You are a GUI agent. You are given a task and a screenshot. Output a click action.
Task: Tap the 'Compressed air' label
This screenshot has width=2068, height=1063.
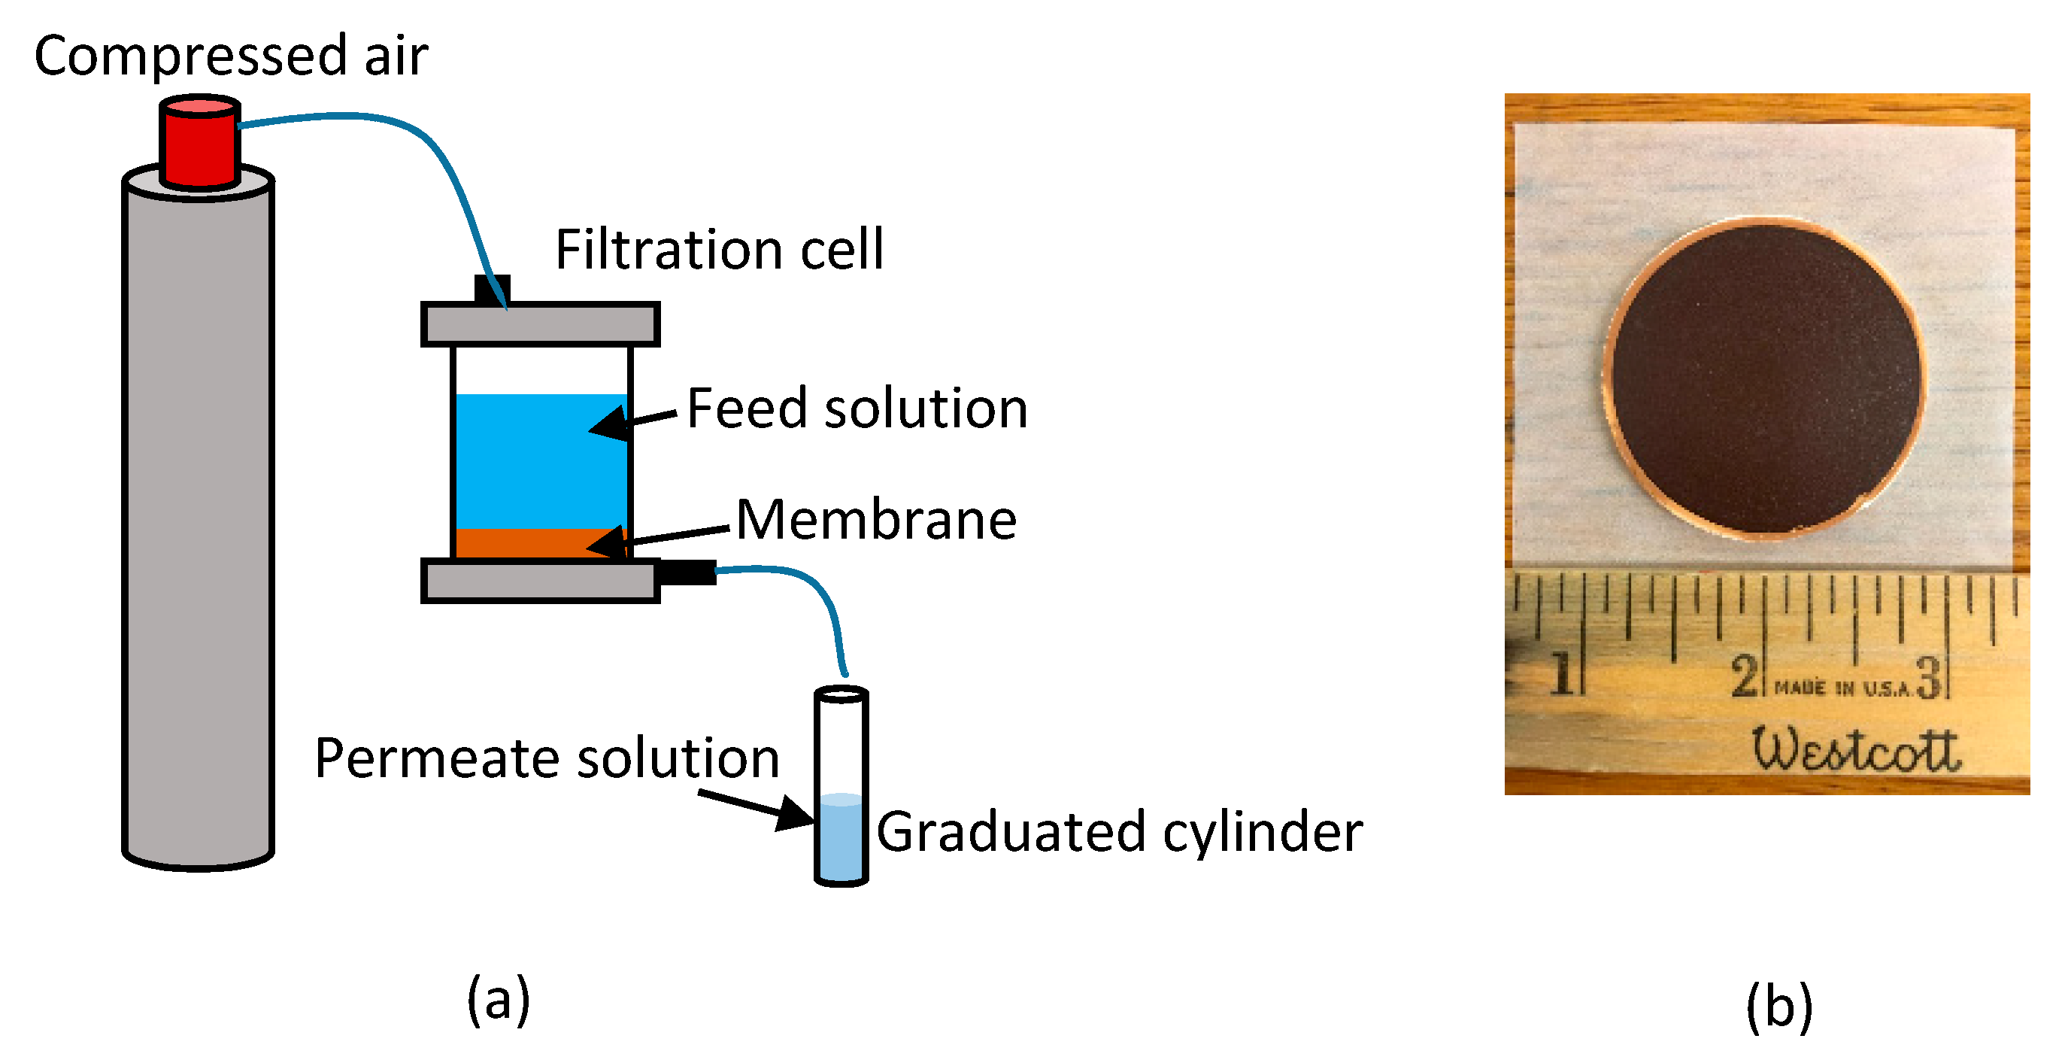(x=231, y=56)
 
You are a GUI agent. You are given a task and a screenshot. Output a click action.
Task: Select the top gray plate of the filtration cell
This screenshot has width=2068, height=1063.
(x=539, y=324)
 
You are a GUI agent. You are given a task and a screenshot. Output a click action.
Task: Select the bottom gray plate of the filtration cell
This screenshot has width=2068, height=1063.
(x=539, y=582)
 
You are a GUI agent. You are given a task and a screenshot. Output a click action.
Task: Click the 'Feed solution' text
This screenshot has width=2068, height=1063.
(x=857, y=408)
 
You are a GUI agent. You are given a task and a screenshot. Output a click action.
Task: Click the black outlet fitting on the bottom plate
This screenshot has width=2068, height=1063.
(x=687, y=573)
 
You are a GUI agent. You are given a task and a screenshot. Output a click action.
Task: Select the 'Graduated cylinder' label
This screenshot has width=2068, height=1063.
(x=1118, y=832)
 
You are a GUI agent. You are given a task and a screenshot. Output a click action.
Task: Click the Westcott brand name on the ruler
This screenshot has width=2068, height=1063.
(x=1855, y=750)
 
